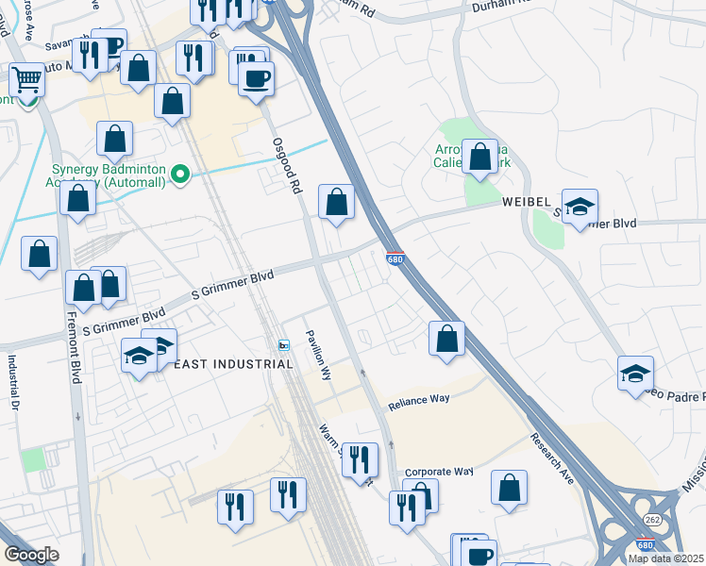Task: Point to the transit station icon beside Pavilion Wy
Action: (284, 346)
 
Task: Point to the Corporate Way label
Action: (438, 471)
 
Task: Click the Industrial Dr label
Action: (14, 382)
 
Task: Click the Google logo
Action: (32, 555)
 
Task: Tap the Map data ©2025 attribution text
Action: (665, 558)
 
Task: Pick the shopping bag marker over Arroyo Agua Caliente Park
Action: (480, 158)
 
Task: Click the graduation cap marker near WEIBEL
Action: (580, 208)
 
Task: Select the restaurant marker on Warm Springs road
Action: (360, 460)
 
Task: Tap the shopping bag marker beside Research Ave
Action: (509, 489)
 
